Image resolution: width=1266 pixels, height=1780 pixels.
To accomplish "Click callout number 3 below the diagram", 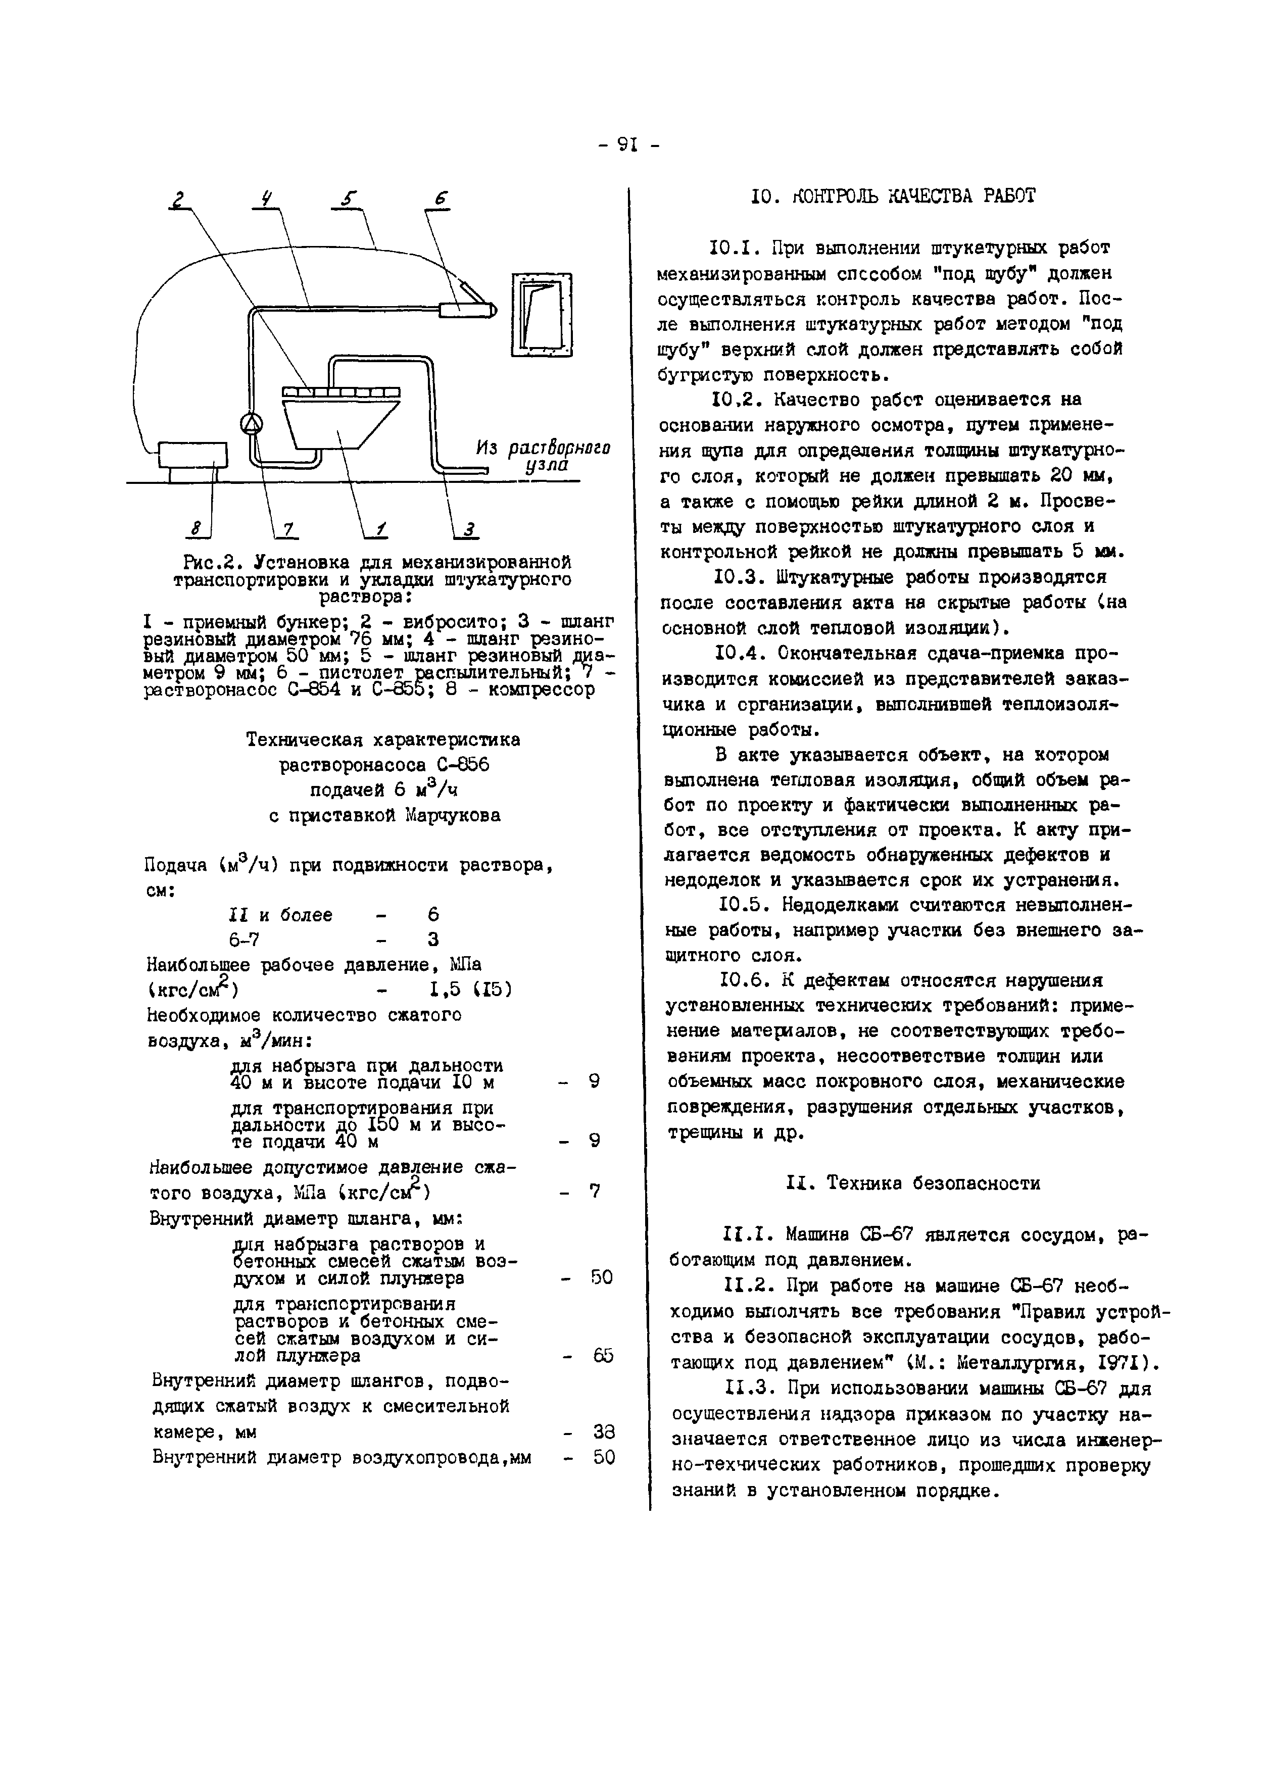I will tap(469, 531).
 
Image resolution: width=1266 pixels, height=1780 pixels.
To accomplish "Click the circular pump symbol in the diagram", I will tap(251, 423).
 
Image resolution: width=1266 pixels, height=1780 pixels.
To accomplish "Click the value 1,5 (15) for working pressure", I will tap(470, 990).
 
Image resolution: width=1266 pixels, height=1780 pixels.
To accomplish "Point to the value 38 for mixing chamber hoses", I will tap(603, 1431).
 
